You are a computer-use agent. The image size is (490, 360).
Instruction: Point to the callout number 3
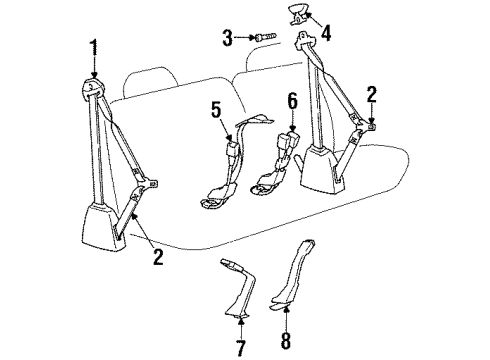228,38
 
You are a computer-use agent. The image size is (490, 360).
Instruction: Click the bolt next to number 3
263,38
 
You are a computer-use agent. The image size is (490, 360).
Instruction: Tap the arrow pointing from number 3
245,38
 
